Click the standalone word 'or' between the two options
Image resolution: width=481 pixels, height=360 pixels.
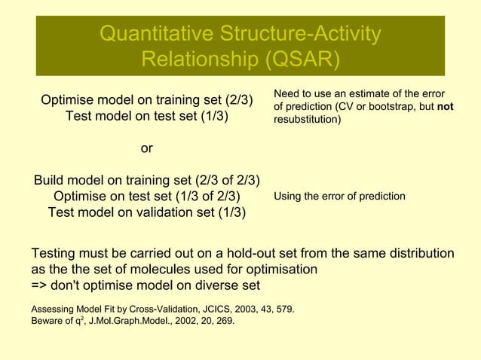click(x=147, y=148)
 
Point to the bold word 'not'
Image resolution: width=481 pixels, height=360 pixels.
click(x=445, y=107)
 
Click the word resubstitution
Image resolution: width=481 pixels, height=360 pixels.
click(x=307, y=120)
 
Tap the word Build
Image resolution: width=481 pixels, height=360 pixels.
click(x=50, y=180)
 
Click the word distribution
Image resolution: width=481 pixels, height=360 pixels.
click(x=418, y=252)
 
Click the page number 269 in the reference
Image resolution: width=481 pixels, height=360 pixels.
click(x=224, y=321)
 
